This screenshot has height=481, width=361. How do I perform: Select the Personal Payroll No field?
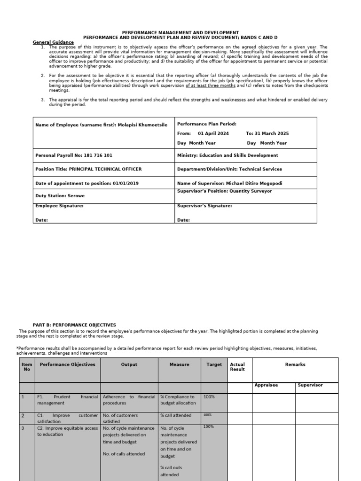[74, 155]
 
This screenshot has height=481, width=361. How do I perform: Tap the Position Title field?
[88, 169]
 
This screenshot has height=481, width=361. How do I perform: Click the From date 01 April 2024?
[213, 133]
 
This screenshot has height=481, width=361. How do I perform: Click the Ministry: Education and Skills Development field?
[228, 155]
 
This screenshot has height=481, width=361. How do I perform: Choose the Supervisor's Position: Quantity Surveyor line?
[224, 191]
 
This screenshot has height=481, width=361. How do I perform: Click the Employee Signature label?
[59, 206]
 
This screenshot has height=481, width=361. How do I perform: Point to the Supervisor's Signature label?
[204, 206]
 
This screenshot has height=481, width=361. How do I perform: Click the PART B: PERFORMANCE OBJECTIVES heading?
[74, 325]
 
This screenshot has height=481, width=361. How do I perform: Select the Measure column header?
[179, 365]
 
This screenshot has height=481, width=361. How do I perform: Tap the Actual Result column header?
[237, 367]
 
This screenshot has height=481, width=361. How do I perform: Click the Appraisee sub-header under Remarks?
[266, 385]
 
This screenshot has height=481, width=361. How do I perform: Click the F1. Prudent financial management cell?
[68, 400]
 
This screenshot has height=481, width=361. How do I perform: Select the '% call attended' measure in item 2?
[176, 415]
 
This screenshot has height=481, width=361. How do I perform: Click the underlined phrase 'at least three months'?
[211, 86]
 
